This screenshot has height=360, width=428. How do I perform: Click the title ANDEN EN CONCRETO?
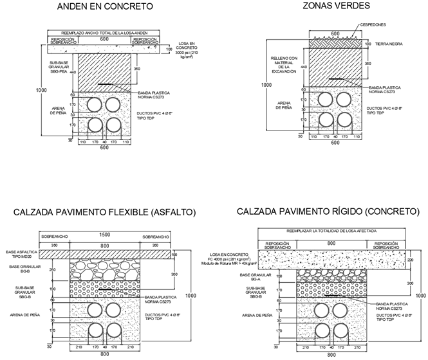coord(105,7)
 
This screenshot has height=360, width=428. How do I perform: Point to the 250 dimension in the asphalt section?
coord(70,270)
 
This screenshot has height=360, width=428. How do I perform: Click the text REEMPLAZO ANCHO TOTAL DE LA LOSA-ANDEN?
coord(106,32)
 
